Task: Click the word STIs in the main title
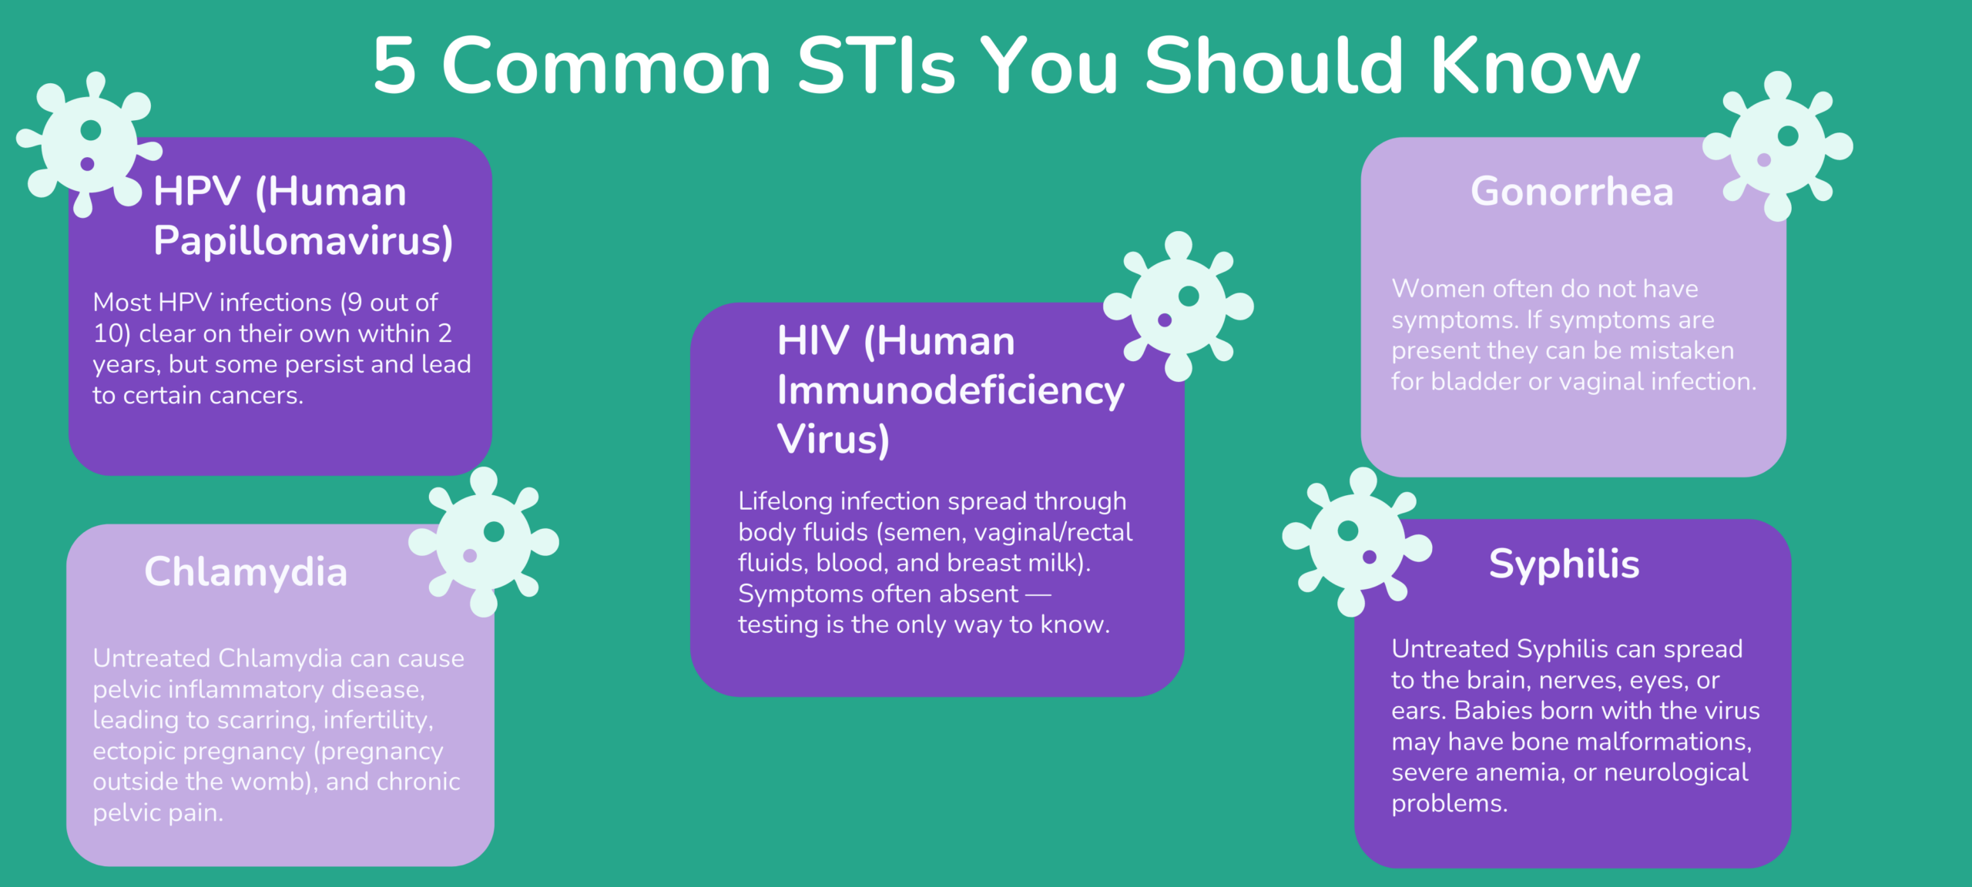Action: [876, 66]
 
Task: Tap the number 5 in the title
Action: [394, 66]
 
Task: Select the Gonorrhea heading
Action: [1572, 191]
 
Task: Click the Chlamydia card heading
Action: [246, 572]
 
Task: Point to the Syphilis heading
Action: [1565, 564]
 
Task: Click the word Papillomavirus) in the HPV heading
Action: [304, 241]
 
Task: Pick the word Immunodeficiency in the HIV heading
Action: [951, 390]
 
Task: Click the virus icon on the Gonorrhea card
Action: [1777, 146]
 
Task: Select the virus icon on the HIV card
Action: [1179, 306]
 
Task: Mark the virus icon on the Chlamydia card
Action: [484, 541]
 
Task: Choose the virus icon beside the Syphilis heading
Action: [1357, 542]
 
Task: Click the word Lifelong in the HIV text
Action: [786, 501]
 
